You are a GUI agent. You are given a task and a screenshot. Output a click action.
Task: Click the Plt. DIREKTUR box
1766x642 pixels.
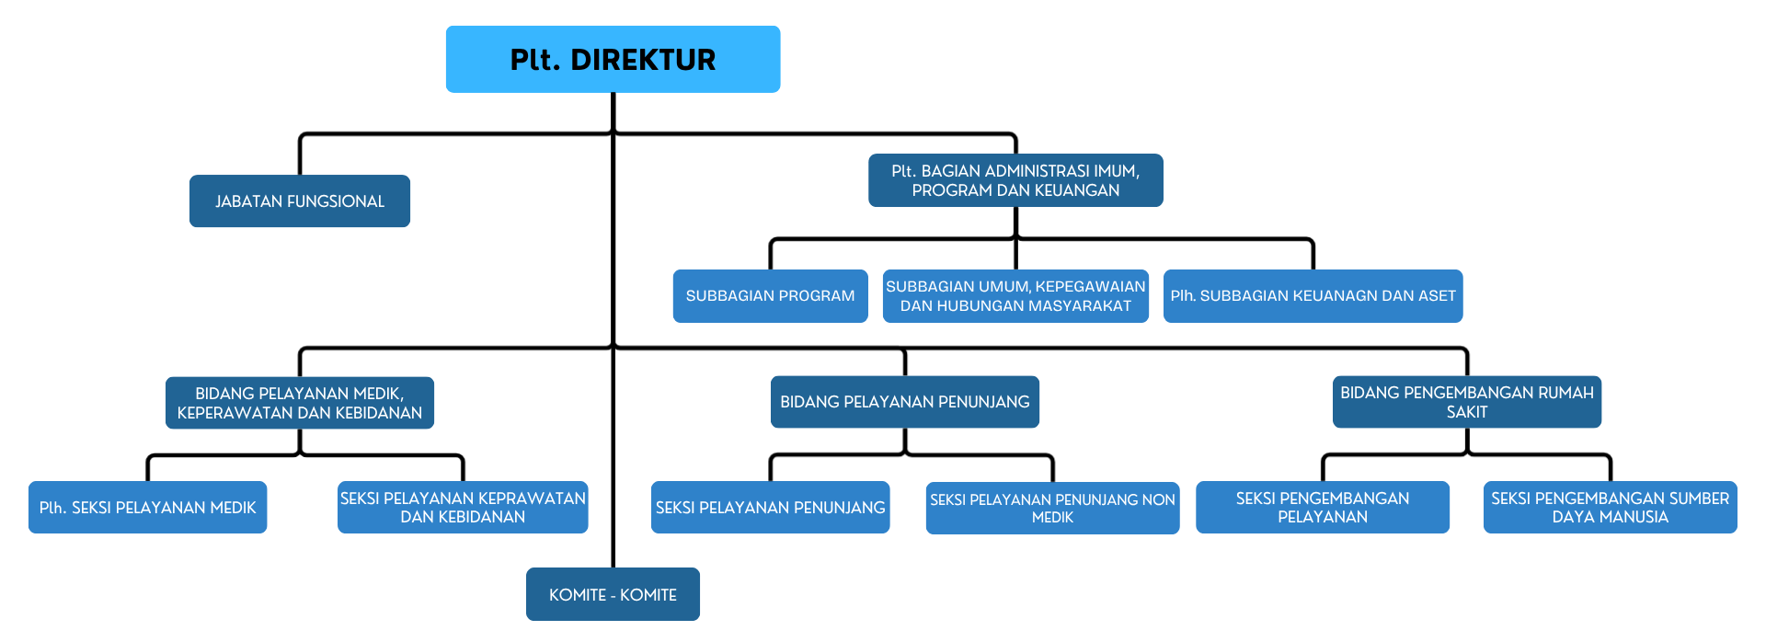(613, 59)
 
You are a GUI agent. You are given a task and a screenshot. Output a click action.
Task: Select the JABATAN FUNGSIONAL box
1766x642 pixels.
(299, 201)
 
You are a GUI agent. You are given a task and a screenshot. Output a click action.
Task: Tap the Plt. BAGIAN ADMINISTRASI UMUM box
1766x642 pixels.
(1015, 180)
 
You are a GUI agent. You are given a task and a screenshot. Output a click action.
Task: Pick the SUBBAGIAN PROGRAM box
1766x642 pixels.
(770, 295)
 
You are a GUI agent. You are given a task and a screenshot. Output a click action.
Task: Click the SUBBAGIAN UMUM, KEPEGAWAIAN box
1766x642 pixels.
(1015, 295)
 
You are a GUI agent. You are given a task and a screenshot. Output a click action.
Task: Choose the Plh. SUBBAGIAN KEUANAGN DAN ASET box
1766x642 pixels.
(1313, 295)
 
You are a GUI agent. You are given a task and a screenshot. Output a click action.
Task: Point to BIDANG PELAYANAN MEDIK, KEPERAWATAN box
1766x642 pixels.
(299, 403)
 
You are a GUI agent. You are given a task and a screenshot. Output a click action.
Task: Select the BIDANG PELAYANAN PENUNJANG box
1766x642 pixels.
(904, 402)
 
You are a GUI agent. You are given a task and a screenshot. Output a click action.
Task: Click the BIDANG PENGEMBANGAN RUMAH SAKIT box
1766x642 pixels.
(1466, 402)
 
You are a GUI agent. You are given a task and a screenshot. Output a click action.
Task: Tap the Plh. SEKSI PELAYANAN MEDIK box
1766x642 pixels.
(147, 507)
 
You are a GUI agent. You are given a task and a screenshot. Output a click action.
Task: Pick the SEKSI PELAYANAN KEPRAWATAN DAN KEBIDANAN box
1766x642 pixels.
(463, 507)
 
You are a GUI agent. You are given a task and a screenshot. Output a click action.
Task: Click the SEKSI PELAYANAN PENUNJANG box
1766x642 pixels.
(770, 507)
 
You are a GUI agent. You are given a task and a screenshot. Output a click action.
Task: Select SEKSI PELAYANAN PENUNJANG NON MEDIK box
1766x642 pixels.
(1052, 508)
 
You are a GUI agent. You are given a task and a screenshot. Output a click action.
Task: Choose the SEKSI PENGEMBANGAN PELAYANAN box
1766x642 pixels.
(1322, 507)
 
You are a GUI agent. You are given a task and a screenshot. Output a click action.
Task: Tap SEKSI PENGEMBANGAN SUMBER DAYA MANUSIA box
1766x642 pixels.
(1610, 507)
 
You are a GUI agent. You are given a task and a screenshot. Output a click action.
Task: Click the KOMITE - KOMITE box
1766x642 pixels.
(613, 594)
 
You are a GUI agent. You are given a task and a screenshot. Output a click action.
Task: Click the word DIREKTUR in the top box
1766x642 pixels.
(643, 60)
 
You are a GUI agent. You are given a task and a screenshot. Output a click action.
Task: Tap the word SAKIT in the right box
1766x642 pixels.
(1466, 412)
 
